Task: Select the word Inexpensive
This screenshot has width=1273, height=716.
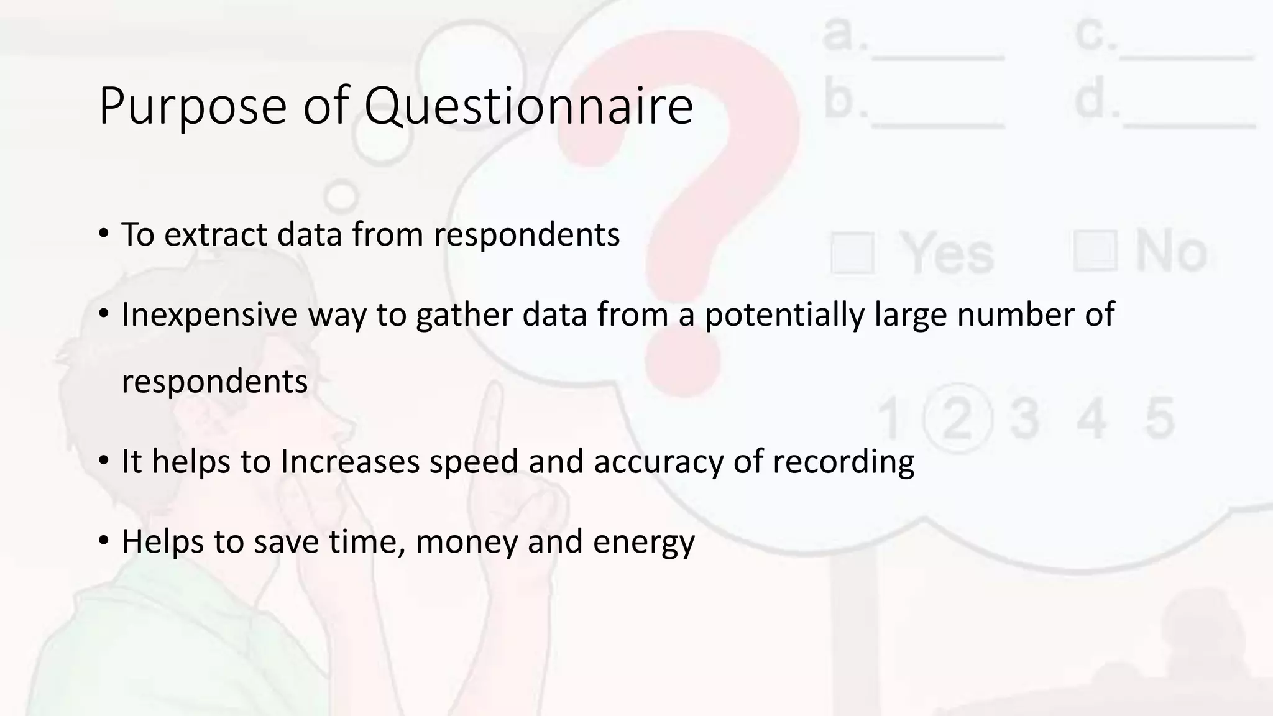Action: coord(209,314)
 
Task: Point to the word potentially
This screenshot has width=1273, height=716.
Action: coord(784,314)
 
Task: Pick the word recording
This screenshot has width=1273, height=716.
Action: coord(843,462)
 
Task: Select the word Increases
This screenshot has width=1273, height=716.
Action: coord(350,462)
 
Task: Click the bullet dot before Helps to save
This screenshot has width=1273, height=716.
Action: coord(103,540)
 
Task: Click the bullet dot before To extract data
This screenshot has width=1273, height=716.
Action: coord(103,234)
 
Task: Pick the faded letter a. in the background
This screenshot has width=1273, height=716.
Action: coord(844,34)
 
